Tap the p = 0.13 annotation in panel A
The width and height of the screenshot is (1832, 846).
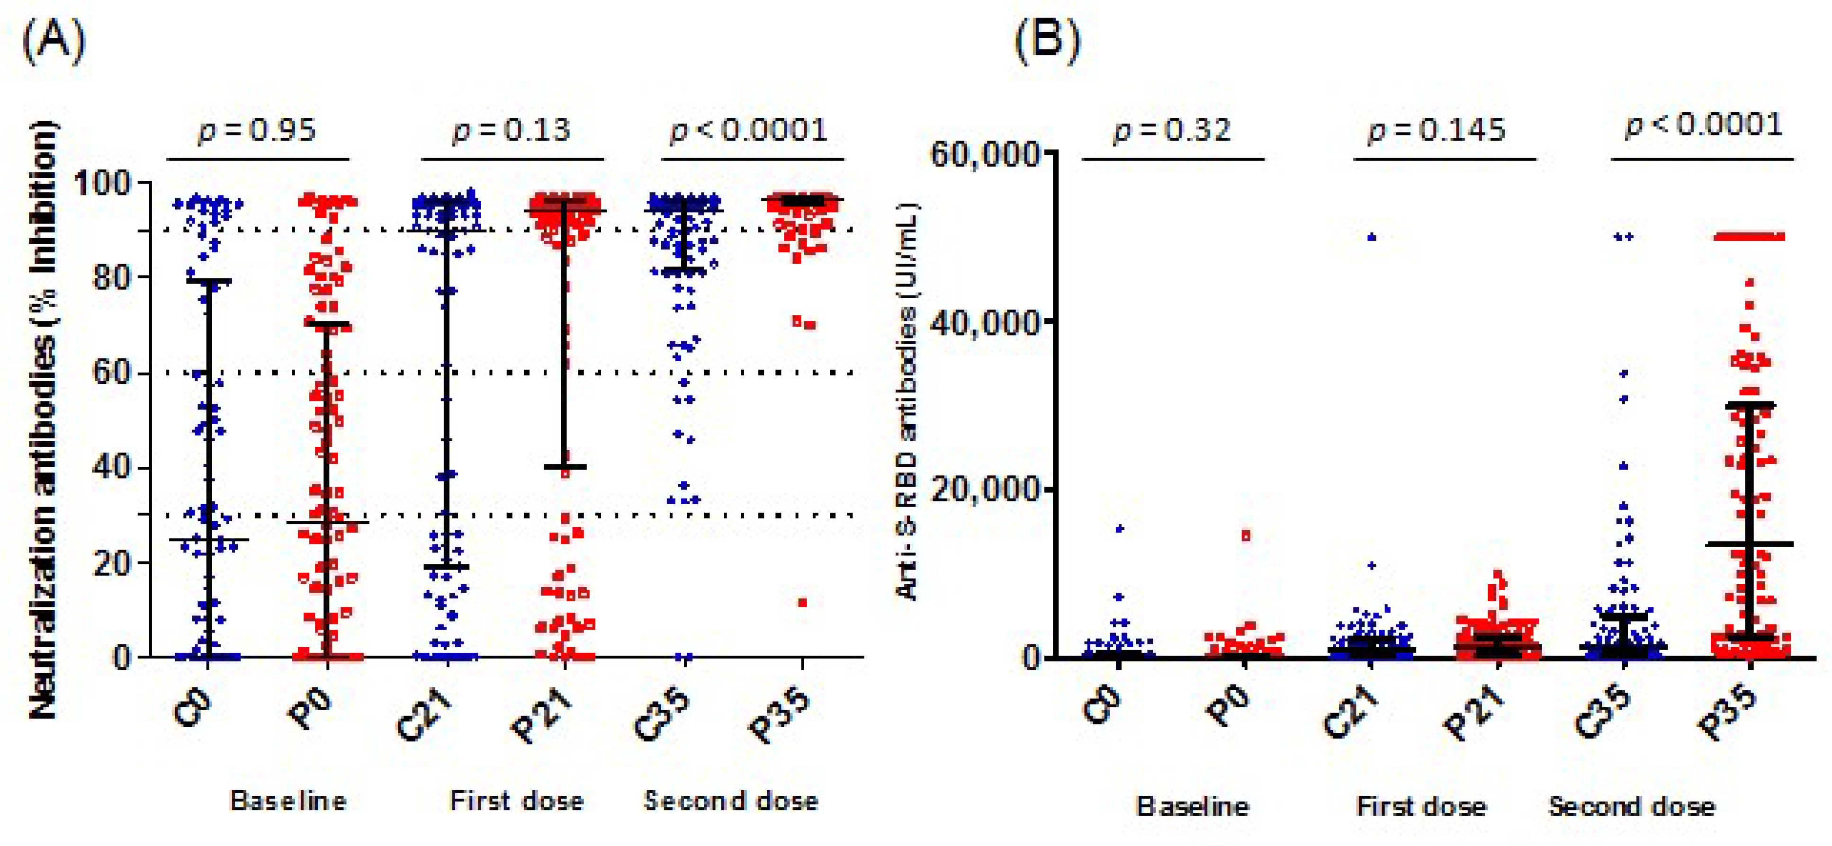[512, 130]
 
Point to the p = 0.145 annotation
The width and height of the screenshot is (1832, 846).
[1437, 130]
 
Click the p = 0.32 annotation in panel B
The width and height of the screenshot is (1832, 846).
[1172, 130]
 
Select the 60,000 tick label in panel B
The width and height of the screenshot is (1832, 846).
[988, 153]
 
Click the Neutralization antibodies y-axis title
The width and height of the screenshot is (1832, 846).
[43, 419]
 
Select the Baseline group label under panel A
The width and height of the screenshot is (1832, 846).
[288, 801]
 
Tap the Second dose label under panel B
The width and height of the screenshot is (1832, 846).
[1632, 807]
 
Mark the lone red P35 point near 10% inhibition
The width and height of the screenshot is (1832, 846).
[802, 603]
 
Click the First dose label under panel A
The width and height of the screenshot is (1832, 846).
[517, 801]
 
